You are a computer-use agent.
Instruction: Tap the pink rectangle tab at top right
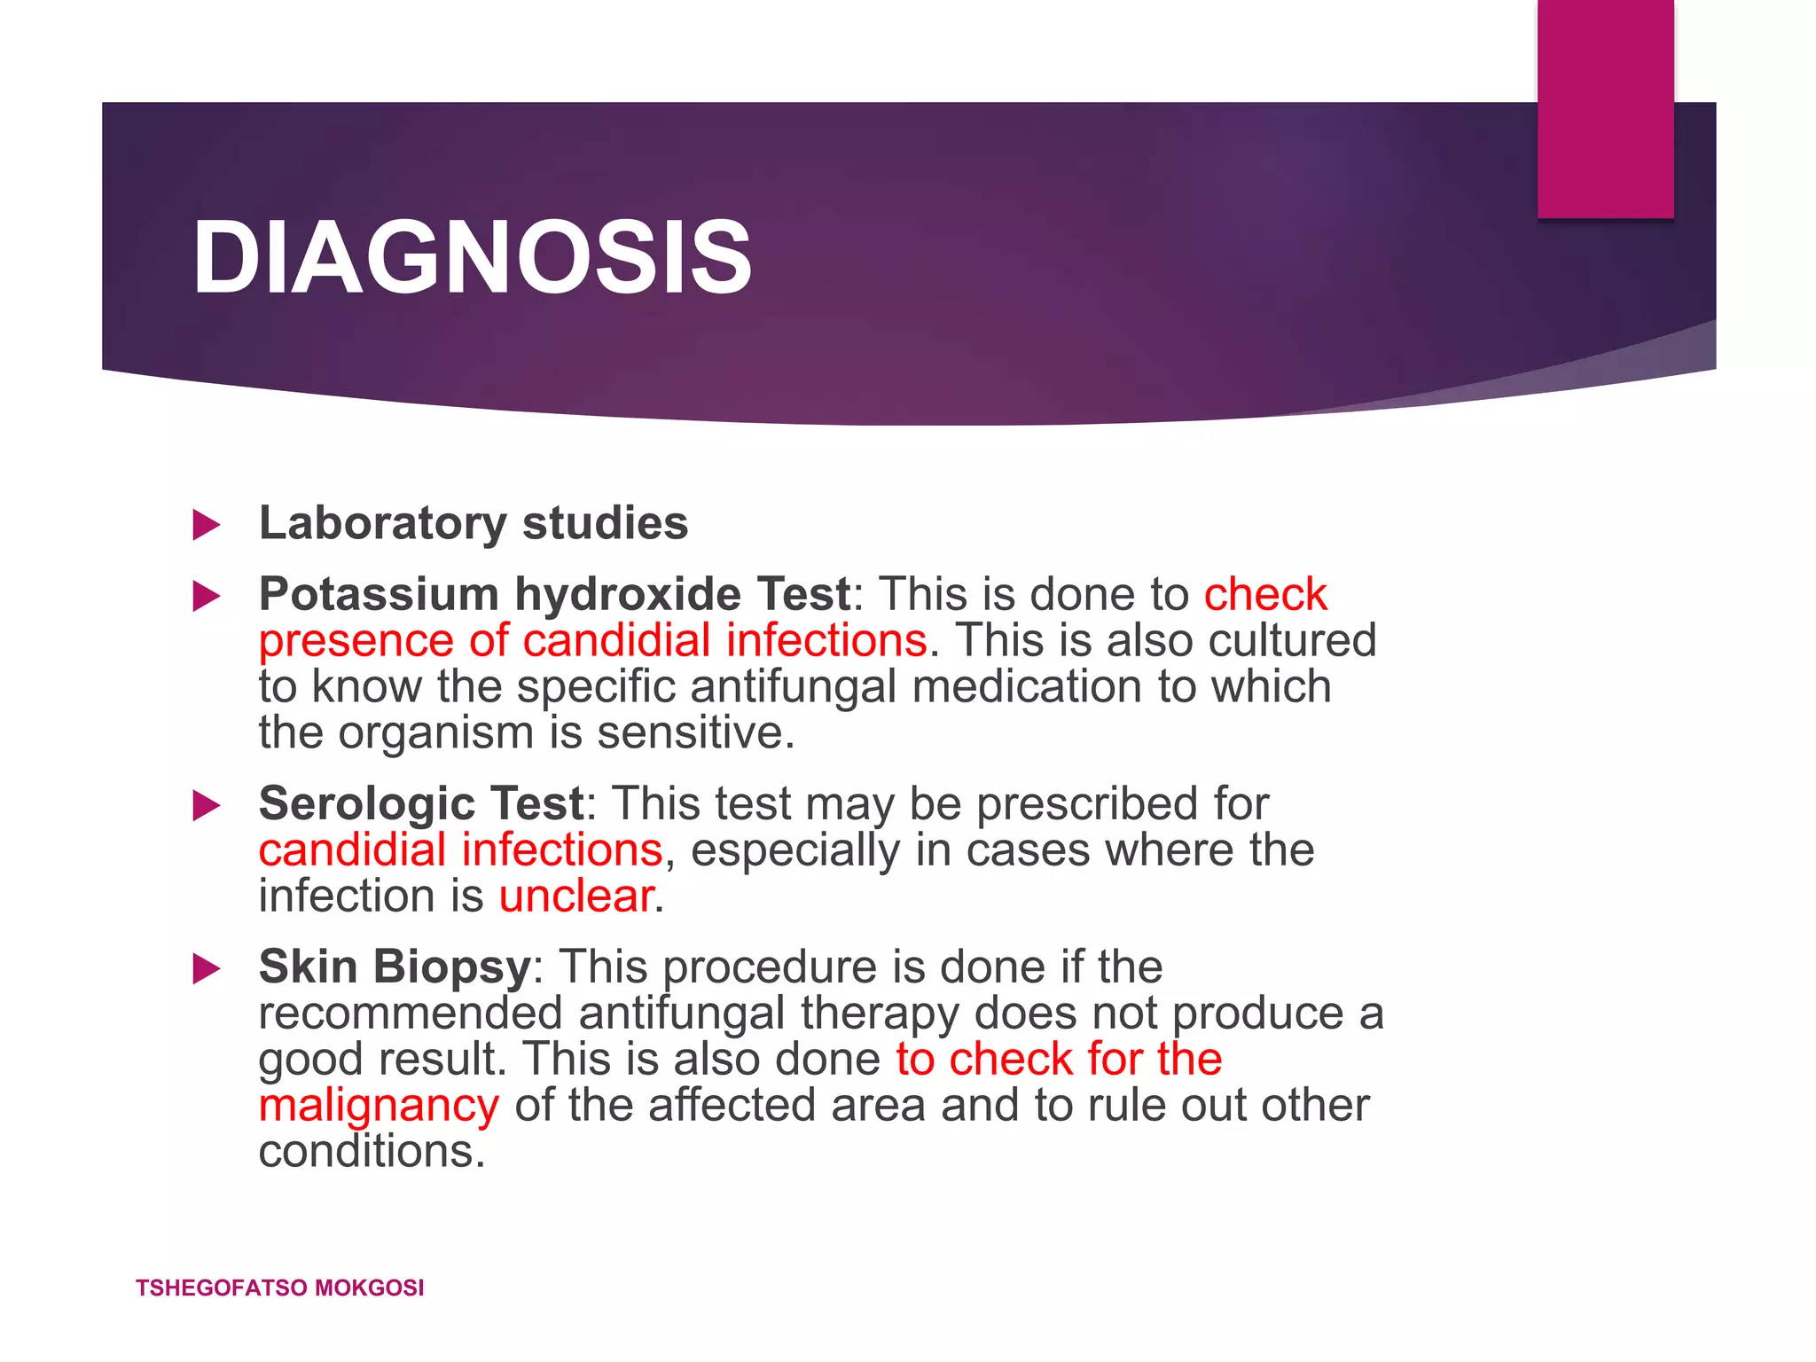click(x=1605, y=108)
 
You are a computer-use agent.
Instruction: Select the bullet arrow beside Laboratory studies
click(x=206, y=525)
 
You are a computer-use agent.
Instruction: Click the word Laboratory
click(x=382, y=523)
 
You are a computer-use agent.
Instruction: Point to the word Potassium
click(x=379, y=594)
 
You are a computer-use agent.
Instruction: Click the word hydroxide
click(x=628, y=594)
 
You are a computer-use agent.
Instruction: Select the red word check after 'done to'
click(x=1265, y=594)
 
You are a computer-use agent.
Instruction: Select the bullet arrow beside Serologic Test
click(x=206, y=805)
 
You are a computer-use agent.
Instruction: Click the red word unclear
click(x=576, y=896)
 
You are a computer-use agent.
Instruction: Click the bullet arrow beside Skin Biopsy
click(x=206, y=968)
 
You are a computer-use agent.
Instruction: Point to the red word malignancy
click(x=379, y=1107)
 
